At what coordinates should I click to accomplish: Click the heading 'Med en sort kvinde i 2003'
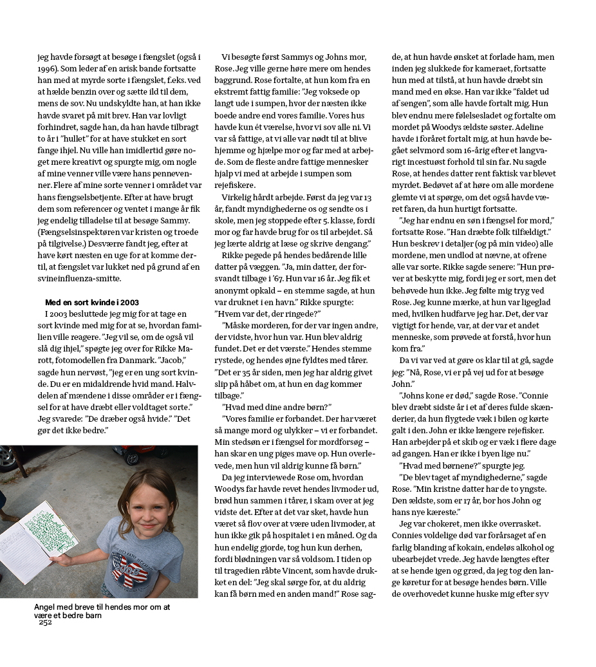[x=92, y=303]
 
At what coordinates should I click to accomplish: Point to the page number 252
[x=45, y=622]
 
